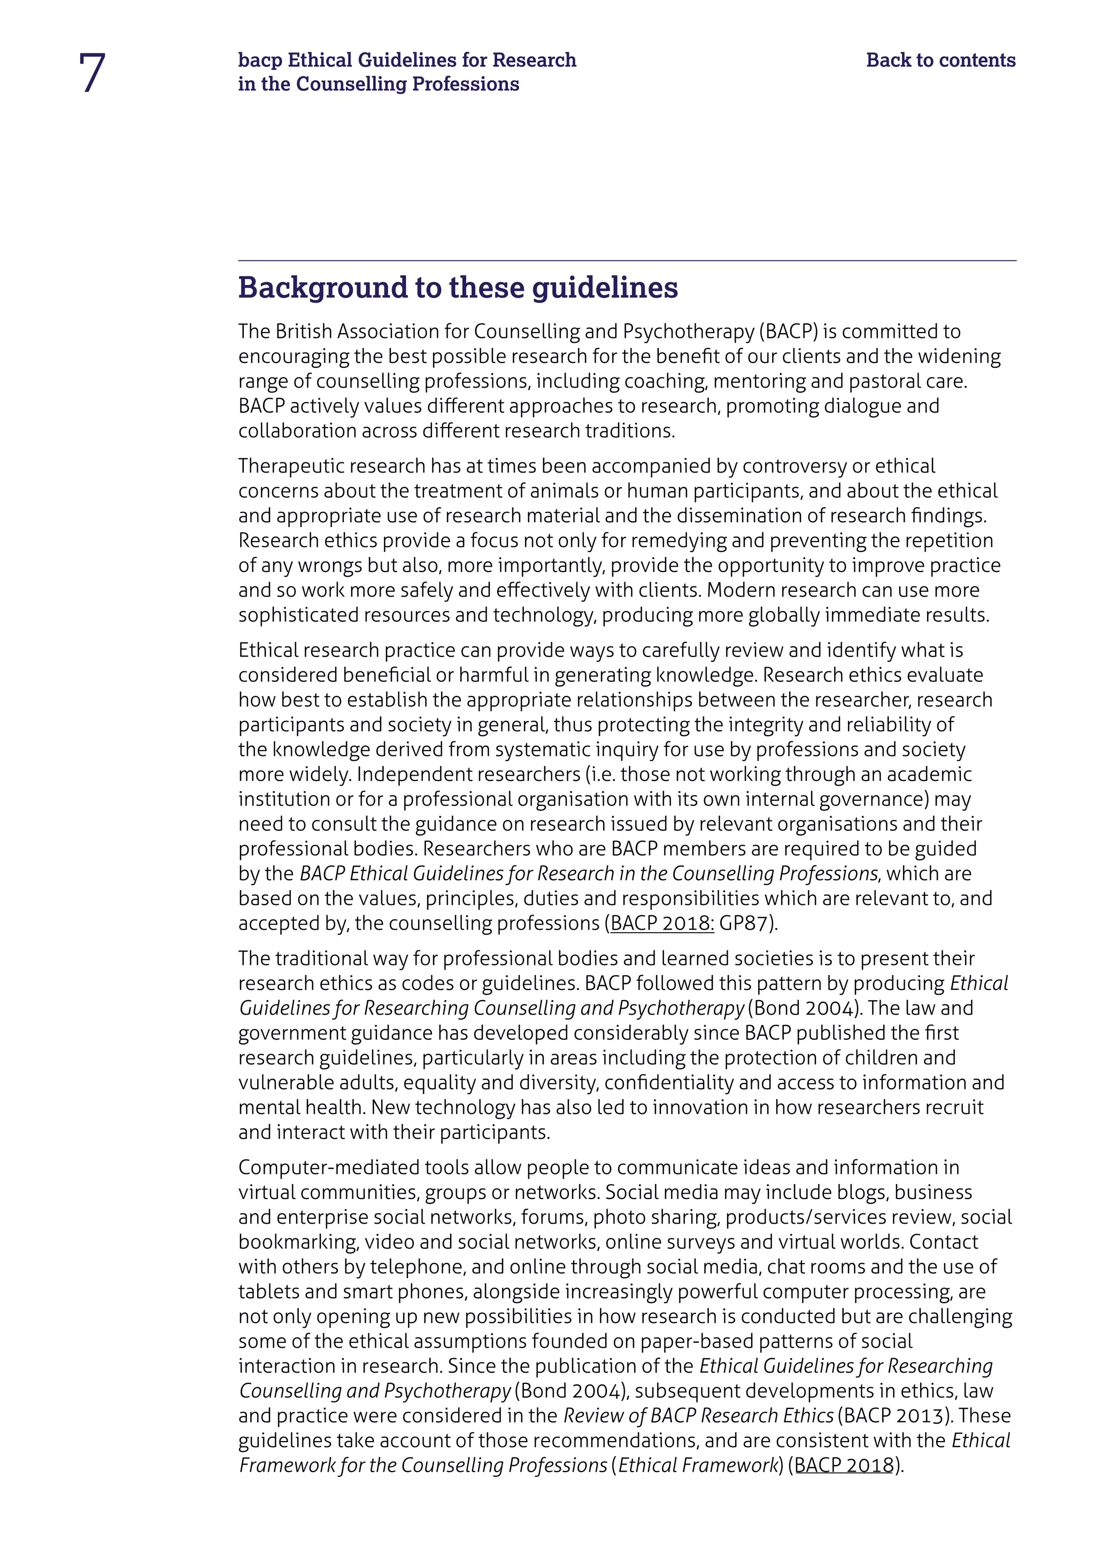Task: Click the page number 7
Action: click(92, 73)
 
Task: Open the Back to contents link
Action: click(940, 60)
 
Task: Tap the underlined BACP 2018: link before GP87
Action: click(661, 923)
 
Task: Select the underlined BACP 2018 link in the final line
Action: click(844, 1465)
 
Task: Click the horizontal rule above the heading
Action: click(627, 260)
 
